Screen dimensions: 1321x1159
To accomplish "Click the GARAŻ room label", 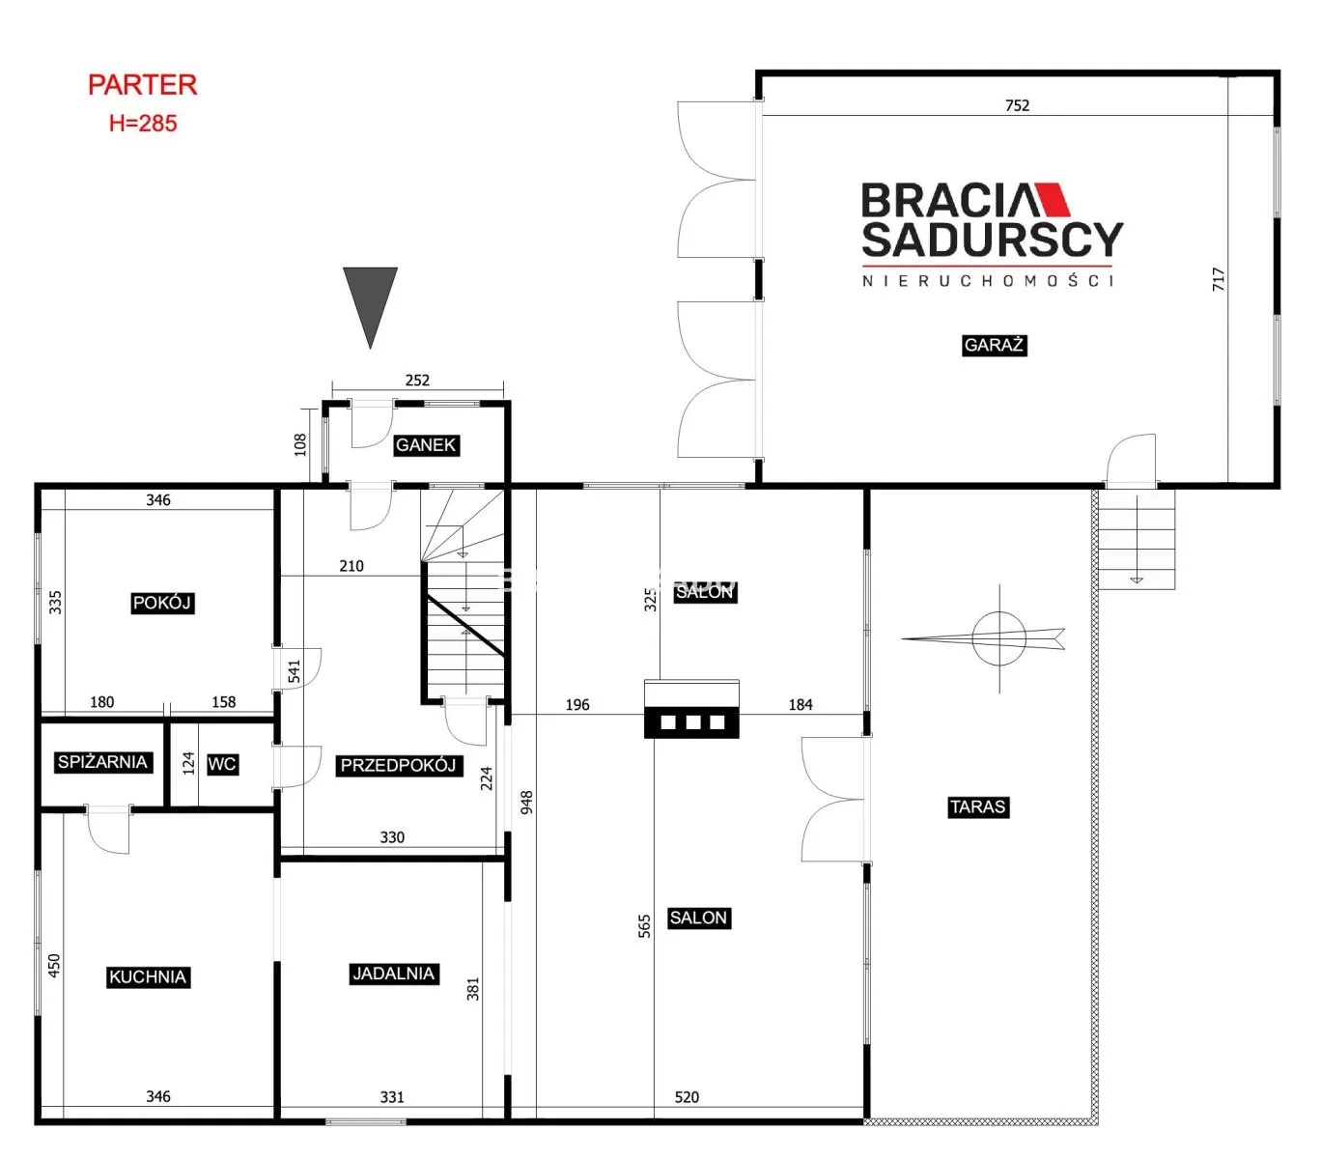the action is [x=994, y=345].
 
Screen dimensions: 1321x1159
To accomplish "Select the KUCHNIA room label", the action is [x=148, y=976].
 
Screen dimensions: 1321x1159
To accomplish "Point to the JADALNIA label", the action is [x=393, y=974].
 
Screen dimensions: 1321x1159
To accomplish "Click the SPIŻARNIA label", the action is [x=102, y=762].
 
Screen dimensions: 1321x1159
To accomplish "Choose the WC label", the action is [x=222, y=764].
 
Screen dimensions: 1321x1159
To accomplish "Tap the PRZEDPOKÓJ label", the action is [x=398, y=765].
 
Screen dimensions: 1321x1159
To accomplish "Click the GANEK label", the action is [x=426, y=445].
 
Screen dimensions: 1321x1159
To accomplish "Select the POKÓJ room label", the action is [x=162, y=603].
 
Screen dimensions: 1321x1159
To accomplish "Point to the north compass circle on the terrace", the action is [x=998, y=637].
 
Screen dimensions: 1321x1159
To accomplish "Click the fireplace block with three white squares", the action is [x=691, y=721].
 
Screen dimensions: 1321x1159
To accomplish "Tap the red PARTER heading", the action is [x=142, y=85].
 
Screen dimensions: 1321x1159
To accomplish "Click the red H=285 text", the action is [x=143, y=123].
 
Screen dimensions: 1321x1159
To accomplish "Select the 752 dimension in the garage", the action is [x=1017, y=105].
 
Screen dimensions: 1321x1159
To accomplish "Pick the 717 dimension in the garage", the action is [x=1218, y=279].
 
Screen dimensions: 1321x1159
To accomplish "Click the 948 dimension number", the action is [x=526, y=802].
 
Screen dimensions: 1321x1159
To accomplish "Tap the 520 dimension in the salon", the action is [x=686, y=1097].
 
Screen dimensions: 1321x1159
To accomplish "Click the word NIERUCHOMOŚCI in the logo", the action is [x=987, y=280].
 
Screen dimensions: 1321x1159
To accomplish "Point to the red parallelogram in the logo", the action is [x=1051, y=200].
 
